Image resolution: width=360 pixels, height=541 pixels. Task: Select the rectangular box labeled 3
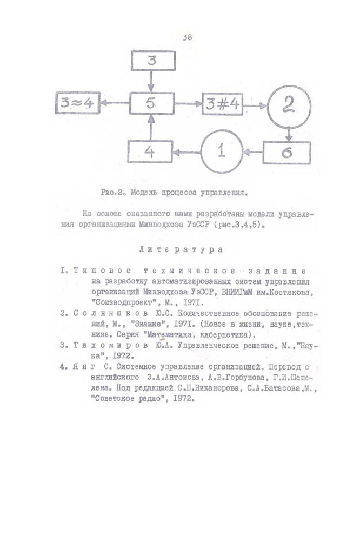[152, 61]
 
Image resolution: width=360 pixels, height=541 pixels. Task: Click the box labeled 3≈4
[77, 104]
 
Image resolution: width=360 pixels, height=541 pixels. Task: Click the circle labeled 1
[221, 152]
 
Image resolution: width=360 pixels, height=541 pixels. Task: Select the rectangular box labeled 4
[150, 152]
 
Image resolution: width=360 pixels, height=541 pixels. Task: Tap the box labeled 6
[287, 153]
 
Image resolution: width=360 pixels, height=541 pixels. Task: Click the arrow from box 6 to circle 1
[252, 153]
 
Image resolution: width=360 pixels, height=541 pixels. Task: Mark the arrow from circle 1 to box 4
[186, 153]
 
